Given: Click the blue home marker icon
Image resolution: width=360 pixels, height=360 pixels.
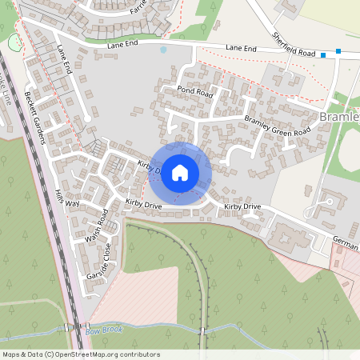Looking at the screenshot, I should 180,172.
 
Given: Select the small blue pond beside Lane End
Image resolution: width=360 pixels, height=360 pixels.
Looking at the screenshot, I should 163,50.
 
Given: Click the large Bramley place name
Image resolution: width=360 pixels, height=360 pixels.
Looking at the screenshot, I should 338,118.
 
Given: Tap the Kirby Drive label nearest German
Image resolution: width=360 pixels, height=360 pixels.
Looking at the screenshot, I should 242,206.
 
